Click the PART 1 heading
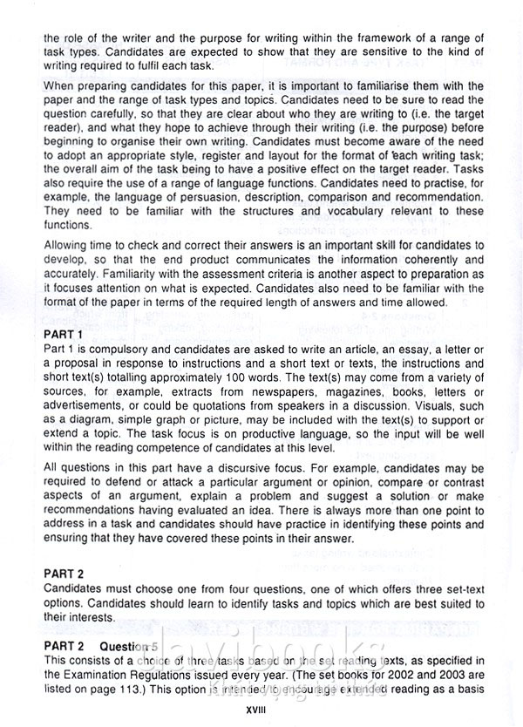[x=62, y=335]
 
